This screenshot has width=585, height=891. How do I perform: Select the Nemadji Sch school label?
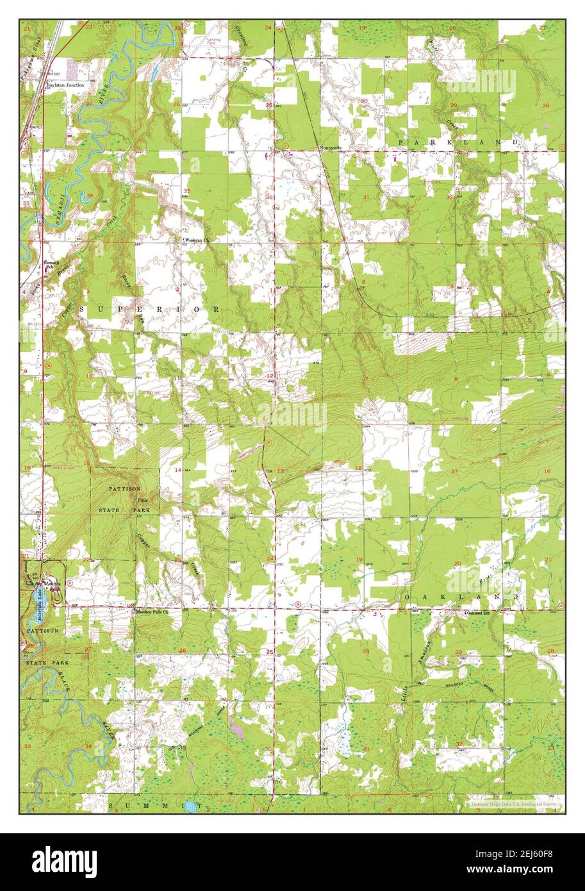click(51, 265)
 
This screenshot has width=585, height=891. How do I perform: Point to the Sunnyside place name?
click(331, 148)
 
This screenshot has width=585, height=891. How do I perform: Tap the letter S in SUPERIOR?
click(83, 309)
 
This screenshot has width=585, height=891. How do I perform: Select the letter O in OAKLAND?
click(408, 597)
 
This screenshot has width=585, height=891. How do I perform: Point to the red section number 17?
click(455, 472)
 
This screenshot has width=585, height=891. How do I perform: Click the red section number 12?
click(270, 376)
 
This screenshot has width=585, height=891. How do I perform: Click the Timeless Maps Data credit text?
click(513, 804)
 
